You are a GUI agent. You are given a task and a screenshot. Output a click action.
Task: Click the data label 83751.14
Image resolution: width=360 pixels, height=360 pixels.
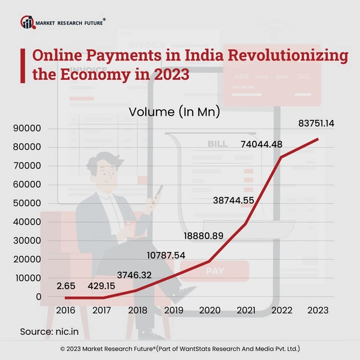316,124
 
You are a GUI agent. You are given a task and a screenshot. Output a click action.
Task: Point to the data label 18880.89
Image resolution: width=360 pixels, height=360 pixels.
200,236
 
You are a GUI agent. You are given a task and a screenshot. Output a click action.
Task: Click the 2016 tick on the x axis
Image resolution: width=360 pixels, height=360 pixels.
66,311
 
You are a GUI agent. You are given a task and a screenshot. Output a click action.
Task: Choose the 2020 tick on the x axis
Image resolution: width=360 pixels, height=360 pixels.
209,311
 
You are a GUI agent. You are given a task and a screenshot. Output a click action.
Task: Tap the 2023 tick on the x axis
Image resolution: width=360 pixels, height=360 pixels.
317,311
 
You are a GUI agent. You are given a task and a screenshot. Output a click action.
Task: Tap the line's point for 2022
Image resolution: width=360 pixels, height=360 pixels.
281,158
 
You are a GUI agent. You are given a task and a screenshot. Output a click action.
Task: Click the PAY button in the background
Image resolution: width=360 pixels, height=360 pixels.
215,271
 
